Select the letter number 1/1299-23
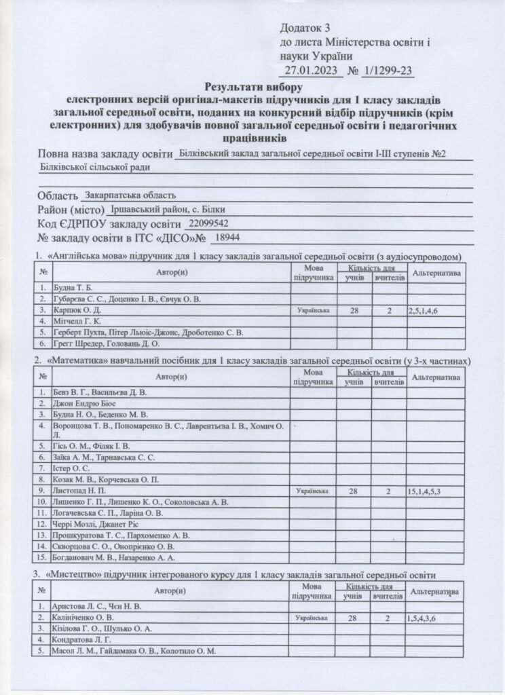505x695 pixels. tap(388, 70)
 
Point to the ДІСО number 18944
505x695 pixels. tap(226, 238)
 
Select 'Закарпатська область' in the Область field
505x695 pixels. tap(130, 195)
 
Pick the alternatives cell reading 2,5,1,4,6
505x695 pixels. tap(426, 310)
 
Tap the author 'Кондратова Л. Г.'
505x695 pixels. tap(82, 640)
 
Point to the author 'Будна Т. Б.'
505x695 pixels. tap(72, 288)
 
